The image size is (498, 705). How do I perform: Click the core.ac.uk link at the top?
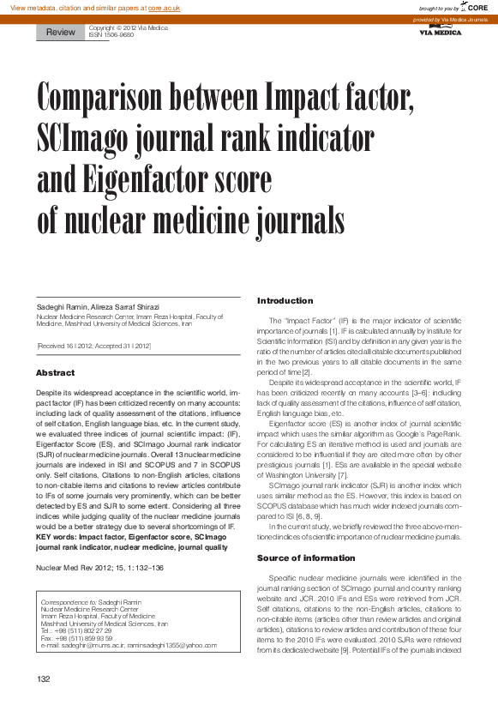[165, 8]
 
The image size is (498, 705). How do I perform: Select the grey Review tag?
[61, 33]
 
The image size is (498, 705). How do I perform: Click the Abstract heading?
[56, 373]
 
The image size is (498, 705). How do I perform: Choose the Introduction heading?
[285, 301]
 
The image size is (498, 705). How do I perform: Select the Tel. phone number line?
[76, 630]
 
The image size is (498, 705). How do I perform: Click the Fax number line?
[76, 638]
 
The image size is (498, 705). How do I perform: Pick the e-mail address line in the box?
[129, 645]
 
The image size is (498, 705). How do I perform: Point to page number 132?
[44, 679]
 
